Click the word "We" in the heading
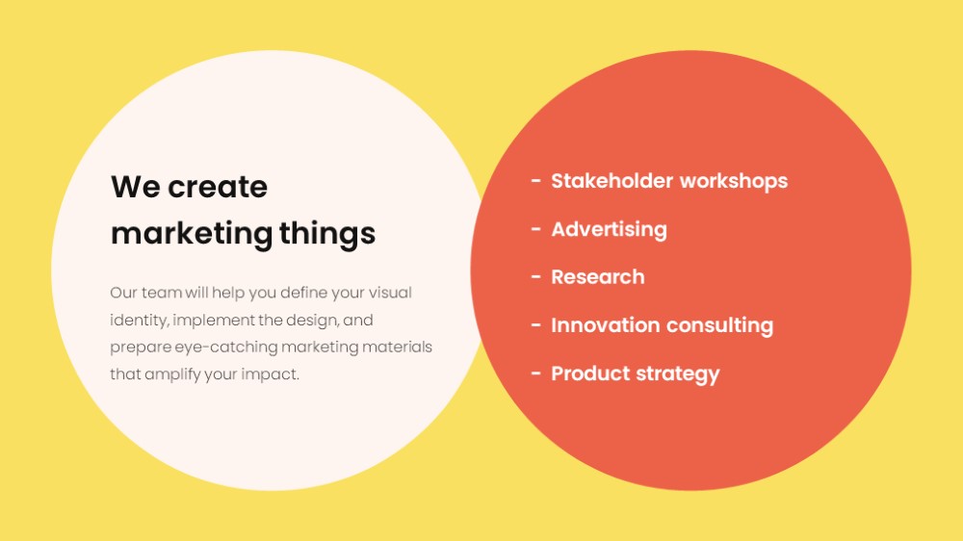point(135,187)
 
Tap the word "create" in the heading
point(218,187)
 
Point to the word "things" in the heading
point(327,234)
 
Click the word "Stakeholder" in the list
point(612,181)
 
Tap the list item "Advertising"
point(610,230)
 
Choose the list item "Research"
point(598,277)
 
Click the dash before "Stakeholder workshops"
point(536,181)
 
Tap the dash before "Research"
point(536,277)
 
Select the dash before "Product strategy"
point(536,373)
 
